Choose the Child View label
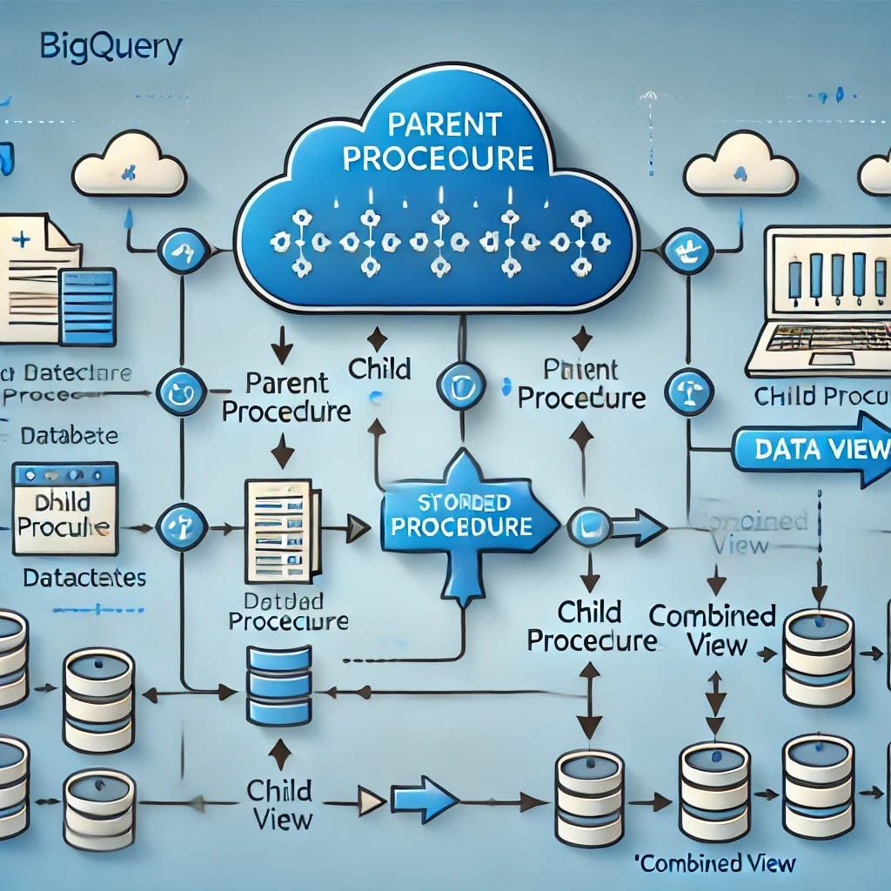click(279, 804)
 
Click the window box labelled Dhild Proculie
click(64, 515)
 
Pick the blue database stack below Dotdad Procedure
click(278, 685)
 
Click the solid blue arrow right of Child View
click(424, 799)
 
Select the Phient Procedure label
click(580, 383)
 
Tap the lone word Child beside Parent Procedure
click(379, 368)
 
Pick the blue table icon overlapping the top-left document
click(87, 306)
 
